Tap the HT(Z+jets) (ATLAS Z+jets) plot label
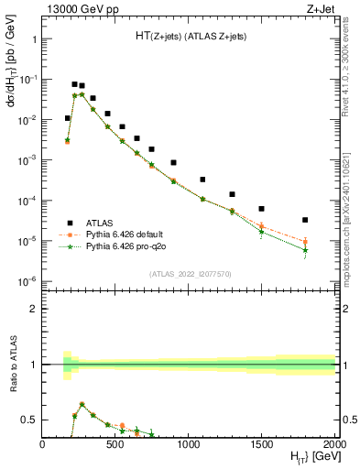190,36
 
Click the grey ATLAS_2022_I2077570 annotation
190,273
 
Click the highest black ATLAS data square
75,84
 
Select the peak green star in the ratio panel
82,404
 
